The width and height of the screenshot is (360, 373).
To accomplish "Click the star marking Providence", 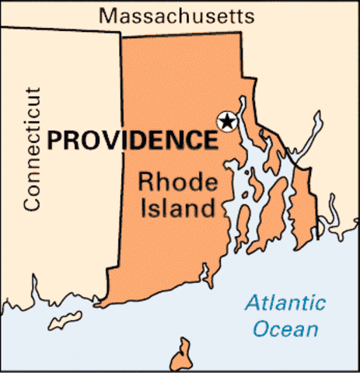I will click(226, 121).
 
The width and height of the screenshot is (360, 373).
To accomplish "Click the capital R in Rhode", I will click(145, 182).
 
